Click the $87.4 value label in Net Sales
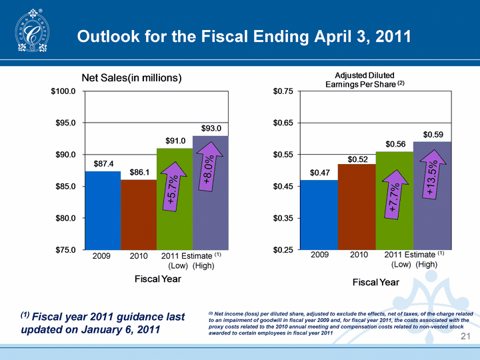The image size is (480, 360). [102, 163]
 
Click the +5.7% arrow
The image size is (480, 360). [173, 189]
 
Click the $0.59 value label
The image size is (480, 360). [433, 135]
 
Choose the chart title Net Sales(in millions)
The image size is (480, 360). [131, 78]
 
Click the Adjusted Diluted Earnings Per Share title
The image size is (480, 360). [365, 79]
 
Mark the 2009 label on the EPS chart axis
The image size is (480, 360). [319, 255]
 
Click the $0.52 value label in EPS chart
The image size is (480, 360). [357, 159]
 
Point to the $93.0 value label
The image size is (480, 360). [211, 127]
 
